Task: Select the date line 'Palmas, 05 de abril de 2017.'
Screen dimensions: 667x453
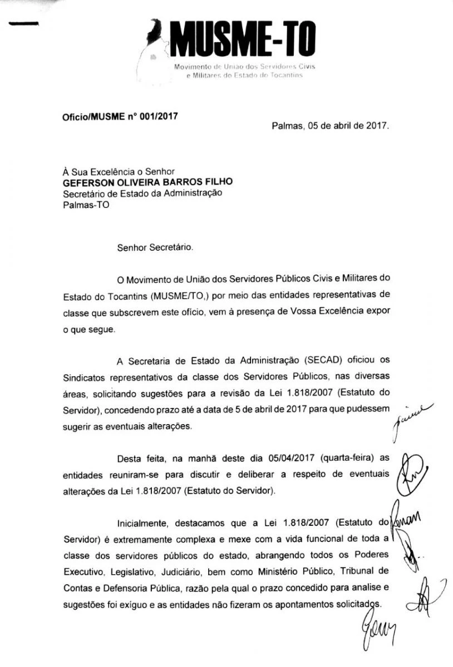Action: (331, 126)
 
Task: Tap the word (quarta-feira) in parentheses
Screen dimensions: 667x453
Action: (336, 458)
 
